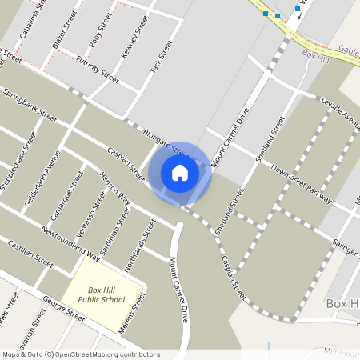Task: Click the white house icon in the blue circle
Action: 180,173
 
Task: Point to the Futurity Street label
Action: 98,70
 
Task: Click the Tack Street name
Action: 161,58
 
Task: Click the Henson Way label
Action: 114,186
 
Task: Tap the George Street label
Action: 64,311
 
